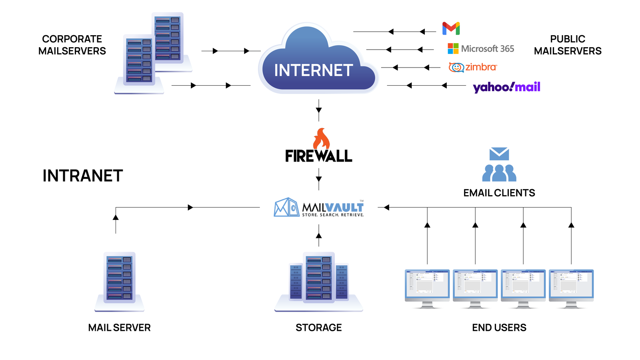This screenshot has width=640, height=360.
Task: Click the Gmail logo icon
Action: pos(451,28)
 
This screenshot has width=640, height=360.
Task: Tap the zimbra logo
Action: pos(473,67)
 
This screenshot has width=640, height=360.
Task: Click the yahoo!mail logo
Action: pos(506,87)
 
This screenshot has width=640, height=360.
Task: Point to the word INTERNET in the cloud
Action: pos(314,70)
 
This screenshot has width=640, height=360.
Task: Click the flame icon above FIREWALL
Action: pos(321,138)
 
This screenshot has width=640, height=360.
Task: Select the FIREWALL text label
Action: pos(319,156)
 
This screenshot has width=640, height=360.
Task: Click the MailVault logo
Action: pos(319,207)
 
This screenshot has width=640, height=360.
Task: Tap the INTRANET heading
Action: pos(82,176)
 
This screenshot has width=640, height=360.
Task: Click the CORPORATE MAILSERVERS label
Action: pos(72,45)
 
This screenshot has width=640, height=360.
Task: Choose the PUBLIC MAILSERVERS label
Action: pos(568,45)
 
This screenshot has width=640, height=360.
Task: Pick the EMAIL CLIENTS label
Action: pos(499,193)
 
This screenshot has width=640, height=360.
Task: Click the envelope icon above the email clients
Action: pos(499,154)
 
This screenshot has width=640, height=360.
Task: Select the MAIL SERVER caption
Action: pos(119,328)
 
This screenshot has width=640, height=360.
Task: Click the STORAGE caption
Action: pos(318,328)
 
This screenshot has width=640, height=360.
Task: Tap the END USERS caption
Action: pos(499,328)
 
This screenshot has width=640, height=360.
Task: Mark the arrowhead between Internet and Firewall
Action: pos(319,110)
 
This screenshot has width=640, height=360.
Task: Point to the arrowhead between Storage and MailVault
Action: pos(319,236)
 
